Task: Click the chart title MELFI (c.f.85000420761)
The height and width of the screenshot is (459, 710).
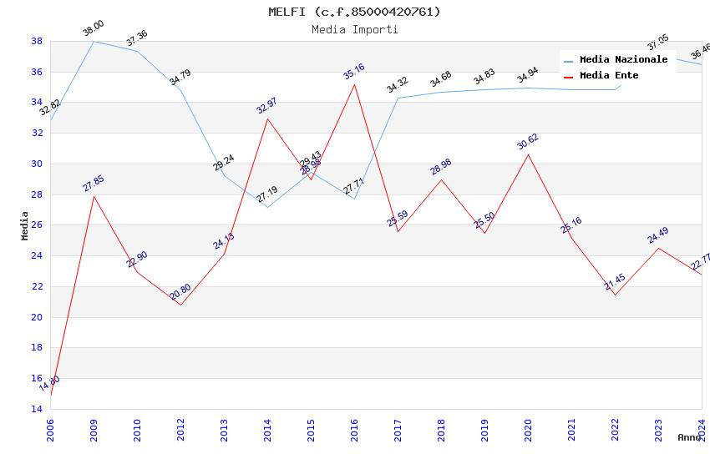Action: point(354,12)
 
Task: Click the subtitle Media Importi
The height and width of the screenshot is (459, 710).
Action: point(354,29)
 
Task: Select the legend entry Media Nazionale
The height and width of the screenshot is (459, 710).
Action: point(623,59)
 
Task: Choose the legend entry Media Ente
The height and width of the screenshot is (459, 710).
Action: point(609,75)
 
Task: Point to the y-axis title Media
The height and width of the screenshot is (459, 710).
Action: point(25,225)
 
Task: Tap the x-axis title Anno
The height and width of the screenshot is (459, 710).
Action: point(689,437)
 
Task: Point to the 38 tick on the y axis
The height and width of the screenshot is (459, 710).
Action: point(37,41)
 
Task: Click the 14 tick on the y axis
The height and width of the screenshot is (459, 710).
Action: point(37,409)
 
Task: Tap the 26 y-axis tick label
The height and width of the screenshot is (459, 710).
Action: point(37,225)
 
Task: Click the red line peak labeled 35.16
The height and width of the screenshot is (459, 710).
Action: point(354,84)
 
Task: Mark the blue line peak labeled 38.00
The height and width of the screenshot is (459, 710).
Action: point(94,41)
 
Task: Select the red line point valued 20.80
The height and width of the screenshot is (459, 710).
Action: point(180,305)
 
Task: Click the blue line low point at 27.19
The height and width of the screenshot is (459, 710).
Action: point(267,207)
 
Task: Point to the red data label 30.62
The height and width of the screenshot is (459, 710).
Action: point(528,141)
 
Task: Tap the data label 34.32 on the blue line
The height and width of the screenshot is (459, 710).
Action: point(398,85)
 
